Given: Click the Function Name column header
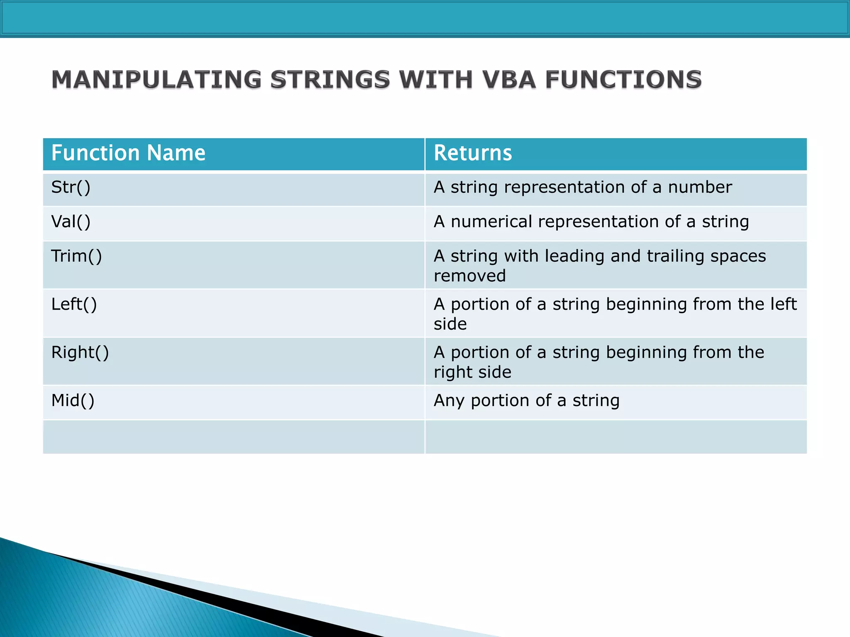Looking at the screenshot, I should click(128, 153).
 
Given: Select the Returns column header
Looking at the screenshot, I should click(473, 153).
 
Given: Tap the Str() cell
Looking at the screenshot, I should click(71, 187).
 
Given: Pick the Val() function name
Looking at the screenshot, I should click(71, 222).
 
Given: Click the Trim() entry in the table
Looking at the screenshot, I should click(76, 256).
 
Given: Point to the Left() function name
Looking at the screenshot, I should click(74, 304).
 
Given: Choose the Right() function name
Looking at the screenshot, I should click(80, 353).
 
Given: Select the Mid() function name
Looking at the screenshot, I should click(73, 401).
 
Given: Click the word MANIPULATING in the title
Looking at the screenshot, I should click(156, 80).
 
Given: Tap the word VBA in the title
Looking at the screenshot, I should click(508, 80).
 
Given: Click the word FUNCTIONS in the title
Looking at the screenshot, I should click(623, 80).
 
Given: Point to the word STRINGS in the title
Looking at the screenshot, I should click(330, 80).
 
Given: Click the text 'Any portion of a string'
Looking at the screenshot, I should click(526, 401).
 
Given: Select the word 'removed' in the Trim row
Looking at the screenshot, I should click(469, 276).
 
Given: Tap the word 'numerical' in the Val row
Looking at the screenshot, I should click(491, 222).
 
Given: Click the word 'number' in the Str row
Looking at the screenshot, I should click(699, 187).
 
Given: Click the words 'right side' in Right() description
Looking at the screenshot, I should click(472, 372).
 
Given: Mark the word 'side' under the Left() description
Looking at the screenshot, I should click(450, 324).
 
